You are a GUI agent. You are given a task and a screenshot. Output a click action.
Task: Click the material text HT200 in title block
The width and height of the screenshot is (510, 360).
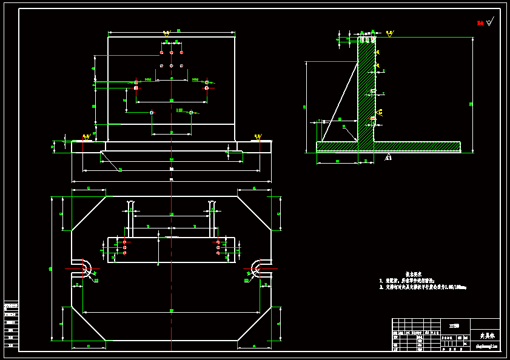click(x=454, y=326)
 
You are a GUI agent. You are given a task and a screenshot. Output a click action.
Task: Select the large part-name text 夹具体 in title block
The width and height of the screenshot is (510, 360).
click(x=488, y=335)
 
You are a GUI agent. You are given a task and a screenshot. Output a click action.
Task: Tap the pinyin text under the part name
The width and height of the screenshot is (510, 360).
click(x=485, y=347)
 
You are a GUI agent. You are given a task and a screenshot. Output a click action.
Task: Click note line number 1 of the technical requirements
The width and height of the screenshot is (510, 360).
click(x=408, y=281)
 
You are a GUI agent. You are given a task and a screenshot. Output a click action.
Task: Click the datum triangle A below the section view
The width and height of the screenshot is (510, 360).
click(x=388, y=158)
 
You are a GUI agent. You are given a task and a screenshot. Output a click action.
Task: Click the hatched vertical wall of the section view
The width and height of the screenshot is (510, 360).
click(x=366, y=91)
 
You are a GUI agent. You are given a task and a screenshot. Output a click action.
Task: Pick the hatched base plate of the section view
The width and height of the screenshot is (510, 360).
click(x=388, y=147)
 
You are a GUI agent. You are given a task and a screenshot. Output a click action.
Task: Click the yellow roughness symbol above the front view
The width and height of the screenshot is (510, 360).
click(x=166, y=33)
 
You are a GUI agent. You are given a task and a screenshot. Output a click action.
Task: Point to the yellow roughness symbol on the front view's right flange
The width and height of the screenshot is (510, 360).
click(x=258, y=136)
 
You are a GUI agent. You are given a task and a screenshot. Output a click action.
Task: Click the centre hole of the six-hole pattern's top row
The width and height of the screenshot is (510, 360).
click(x=172, y=53)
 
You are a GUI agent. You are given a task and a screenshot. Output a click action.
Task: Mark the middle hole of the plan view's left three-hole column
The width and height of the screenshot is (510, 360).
click(x=124, y=247)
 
